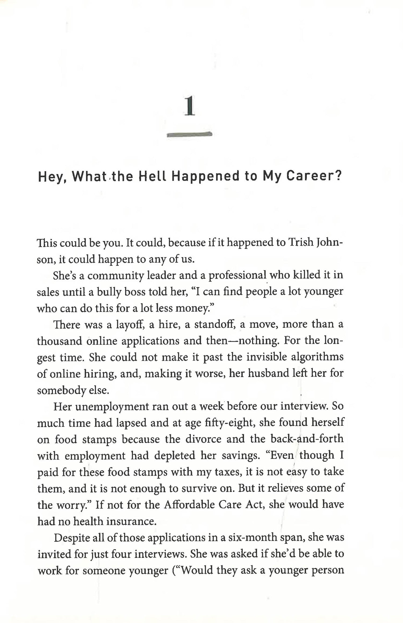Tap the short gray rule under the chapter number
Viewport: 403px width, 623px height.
[189, 135]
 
